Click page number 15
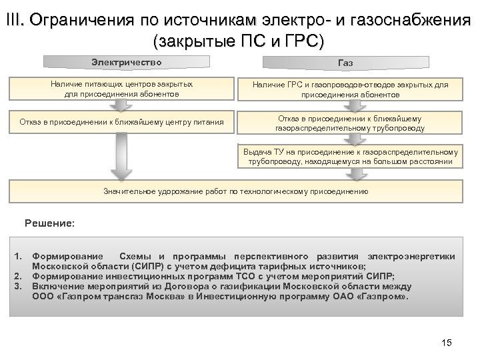tap(447, 343)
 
